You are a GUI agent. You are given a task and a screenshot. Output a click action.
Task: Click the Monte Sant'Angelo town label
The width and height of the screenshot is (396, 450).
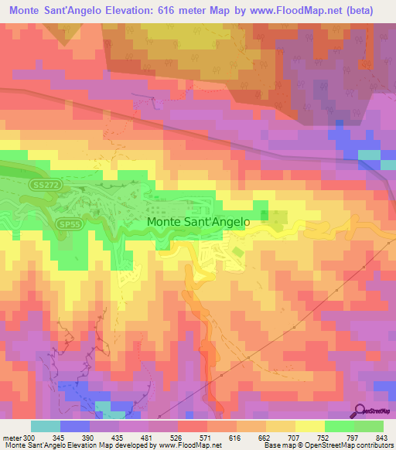[198, 221]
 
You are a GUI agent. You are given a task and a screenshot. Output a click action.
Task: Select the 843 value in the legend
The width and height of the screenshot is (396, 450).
[382, 438]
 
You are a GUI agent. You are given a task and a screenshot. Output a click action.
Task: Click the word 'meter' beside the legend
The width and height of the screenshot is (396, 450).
[13, 438]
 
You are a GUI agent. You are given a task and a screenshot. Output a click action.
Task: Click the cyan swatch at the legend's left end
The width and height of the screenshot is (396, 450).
[45, 426]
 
